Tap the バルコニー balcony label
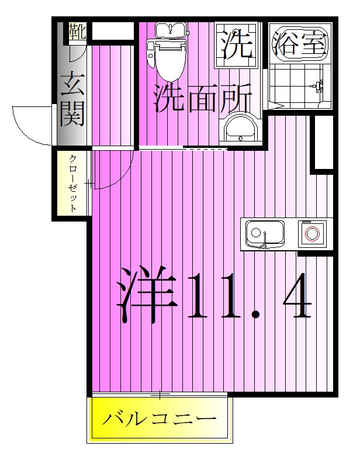(x=160, y=419)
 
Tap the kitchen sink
(x=264, y=234)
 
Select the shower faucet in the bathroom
(x=317, y=86)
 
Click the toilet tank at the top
(x=170, y=30)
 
